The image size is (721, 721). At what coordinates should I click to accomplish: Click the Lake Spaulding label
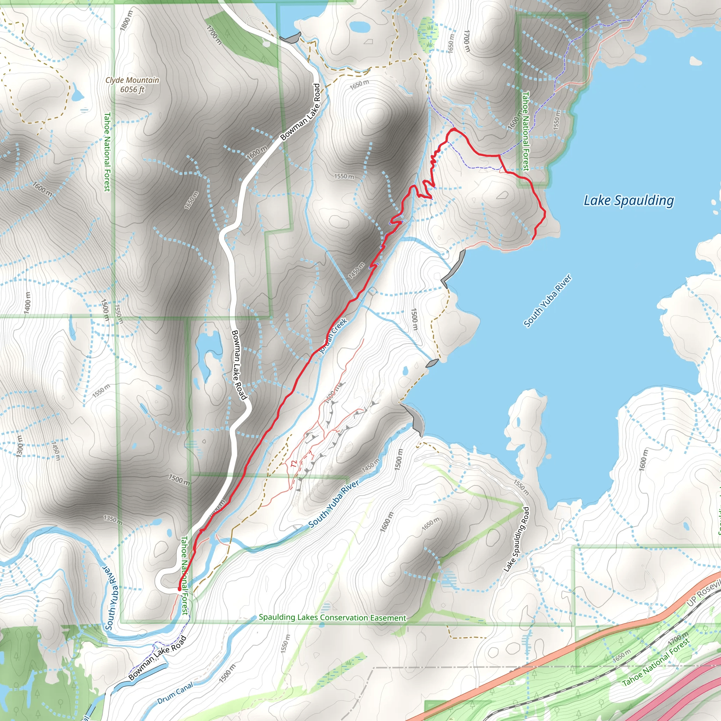click(x=628, y=201)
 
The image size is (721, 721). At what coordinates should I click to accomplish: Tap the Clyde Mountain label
click(x=132, y=80)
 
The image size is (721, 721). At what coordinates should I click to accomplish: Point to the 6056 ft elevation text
click(x=132, y=89)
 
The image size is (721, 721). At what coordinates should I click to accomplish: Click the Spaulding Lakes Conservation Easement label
click(x=332, y=617)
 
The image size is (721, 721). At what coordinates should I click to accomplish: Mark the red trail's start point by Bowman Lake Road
click(x=180, y=589)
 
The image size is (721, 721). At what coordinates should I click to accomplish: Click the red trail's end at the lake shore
click(x=534, y=238)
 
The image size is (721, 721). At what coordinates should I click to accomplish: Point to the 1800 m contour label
click(x=126, y=20)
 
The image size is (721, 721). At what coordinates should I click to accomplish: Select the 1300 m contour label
click(x=19, y=446)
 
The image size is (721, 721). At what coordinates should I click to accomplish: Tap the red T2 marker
click(x=293, y=464)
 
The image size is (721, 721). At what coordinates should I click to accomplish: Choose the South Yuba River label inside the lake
click(x=547, y=301)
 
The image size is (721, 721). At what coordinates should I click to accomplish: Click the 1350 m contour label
click(x=113, y=519)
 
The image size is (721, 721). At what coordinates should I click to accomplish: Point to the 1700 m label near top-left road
click(x=214, y=35)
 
